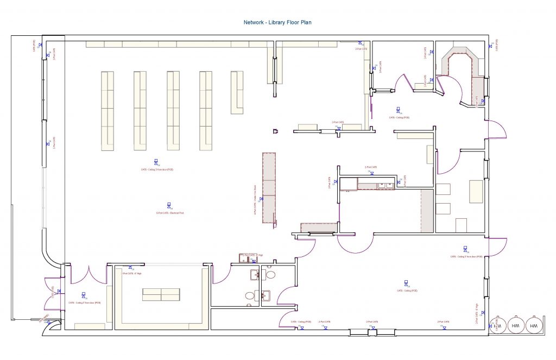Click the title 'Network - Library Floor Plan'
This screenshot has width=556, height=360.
pos(277,22)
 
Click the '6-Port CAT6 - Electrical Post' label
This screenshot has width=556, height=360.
pos(169,213)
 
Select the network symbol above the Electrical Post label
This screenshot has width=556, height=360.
pos(170,206)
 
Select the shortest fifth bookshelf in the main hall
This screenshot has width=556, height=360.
pos(237,92)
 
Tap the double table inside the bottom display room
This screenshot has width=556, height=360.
pos(161,294)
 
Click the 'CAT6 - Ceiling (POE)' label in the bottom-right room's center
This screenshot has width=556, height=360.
pos(407,290)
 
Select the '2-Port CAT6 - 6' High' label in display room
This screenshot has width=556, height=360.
pos(132,273)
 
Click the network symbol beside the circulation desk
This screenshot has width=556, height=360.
pos(261,199)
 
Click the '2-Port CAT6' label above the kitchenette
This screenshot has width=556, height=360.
pos(371,167)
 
